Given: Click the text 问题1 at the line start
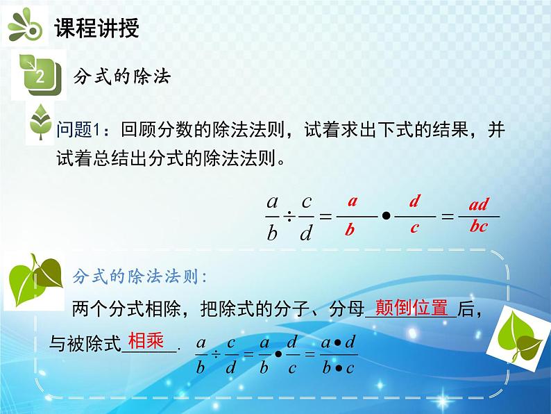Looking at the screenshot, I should click(x=80, y=129).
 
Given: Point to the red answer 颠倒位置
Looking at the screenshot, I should click(x=412, y=308).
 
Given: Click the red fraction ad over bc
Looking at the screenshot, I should click(x=478, y=215).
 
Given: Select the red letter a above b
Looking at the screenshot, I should click(x=352, y=202).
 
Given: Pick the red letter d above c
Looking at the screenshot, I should click(x=414, y=202).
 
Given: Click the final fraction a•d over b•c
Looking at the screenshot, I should click(x=339, y=354).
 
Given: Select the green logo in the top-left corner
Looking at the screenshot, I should click(x=25, y=27).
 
